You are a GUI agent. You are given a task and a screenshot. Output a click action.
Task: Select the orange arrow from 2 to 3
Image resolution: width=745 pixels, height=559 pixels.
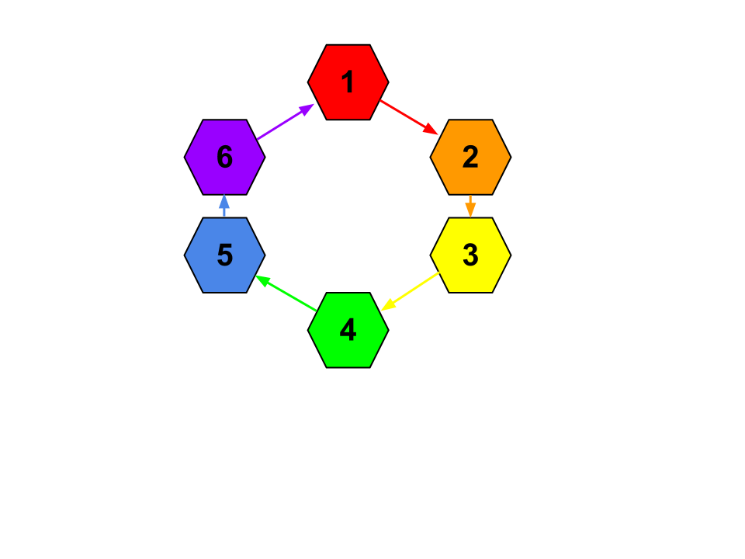470,204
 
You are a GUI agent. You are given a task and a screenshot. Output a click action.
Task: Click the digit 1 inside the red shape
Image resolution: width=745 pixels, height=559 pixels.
348,82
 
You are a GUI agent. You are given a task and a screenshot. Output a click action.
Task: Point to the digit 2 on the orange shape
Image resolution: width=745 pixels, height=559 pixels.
470,158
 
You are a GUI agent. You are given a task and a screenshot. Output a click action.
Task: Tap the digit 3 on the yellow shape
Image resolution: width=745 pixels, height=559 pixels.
470,255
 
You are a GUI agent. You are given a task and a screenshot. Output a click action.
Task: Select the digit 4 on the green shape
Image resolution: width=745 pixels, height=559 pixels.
348,331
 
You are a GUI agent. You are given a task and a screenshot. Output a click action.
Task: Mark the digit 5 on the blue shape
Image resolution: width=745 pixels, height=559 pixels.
224,255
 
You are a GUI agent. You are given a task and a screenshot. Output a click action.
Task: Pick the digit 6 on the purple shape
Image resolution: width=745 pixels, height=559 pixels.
224,158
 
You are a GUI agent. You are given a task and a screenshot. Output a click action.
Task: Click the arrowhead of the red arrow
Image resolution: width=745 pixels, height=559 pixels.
431,130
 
